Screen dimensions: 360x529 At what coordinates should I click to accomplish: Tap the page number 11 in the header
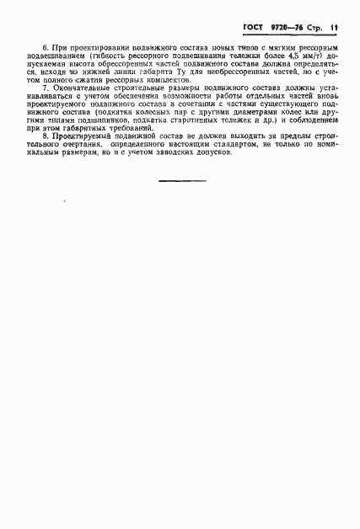334,27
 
